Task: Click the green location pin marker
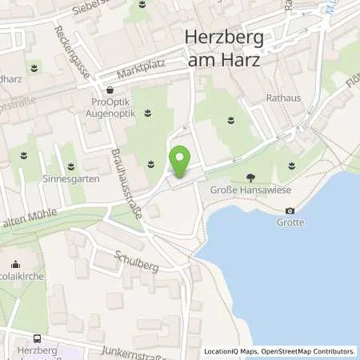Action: pyautogui.click(x=181, y=162)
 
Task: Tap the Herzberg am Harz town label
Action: pyautogui.click(x=228, y=46)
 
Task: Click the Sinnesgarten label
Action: pyautogui.click(x=72, y=178)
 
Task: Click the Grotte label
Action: pyautogui.click(x=290, y=222)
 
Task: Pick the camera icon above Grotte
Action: pyautogui.click(x=290, y=210)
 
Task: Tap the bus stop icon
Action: pyautogui.click(x=39, y=338)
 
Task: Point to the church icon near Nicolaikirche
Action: pyautogui.click(x=15, y=264)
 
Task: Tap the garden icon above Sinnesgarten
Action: pyautogui.click(x=72, y=166)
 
